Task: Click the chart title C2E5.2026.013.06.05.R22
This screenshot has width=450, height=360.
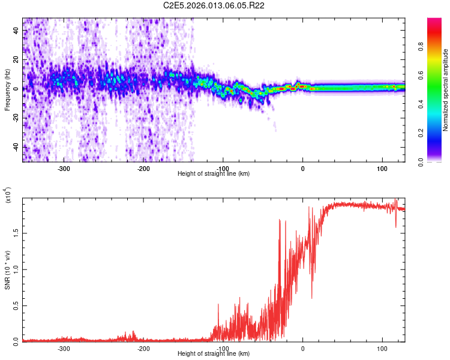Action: pyautogui.click(x=214, y=5)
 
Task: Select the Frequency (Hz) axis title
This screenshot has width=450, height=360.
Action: pyautogui.click(x=7, y=90)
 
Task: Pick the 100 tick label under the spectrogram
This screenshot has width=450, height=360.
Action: pyautogui.click(x=382, y=168)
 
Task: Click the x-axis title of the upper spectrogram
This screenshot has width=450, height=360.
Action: pyautogui.click(x=214, y=173)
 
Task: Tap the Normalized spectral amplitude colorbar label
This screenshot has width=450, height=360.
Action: pyautogui.click(x=446, y=90)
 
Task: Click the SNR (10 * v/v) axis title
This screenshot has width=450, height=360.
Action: pyautogui.click(x=7, y=270)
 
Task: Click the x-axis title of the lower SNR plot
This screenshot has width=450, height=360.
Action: pyautogui.click(x=214, y=353)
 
